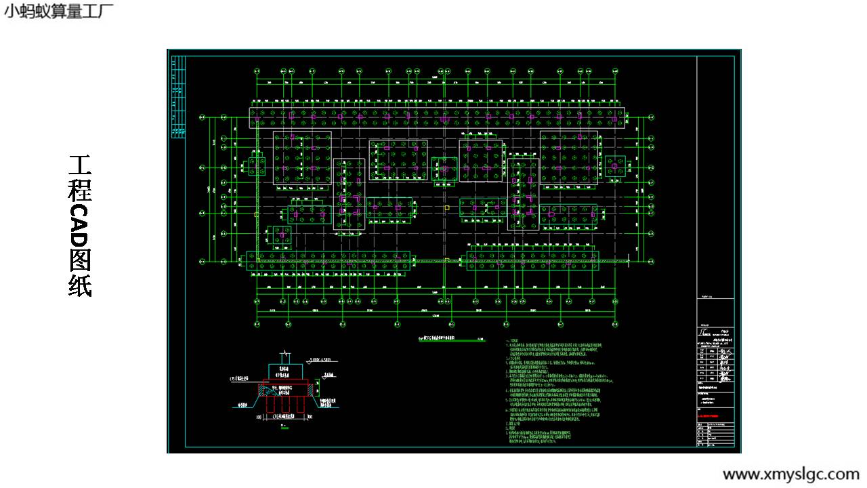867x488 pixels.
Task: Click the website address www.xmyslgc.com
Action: click(x=790, y=474)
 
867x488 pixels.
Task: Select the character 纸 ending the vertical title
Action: click(x=80, y=285)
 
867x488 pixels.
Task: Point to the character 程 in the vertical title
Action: click(x=80, y=189)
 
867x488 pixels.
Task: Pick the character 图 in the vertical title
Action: click(x=80, y=260)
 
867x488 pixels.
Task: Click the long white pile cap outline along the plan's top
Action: click(x=437, y=117)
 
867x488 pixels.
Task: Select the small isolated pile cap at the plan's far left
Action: click(x=257, y=166)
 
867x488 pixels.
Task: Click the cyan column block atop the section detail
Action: click(x=285, y=371)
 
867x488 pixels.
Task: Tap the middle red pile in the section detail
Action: click(x=285, y=403)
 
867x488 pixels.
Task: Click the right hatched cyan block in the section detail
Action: click(x=312, y=390)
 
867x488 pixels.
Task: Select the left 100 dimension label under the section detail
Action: click(x=259, y=418)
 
